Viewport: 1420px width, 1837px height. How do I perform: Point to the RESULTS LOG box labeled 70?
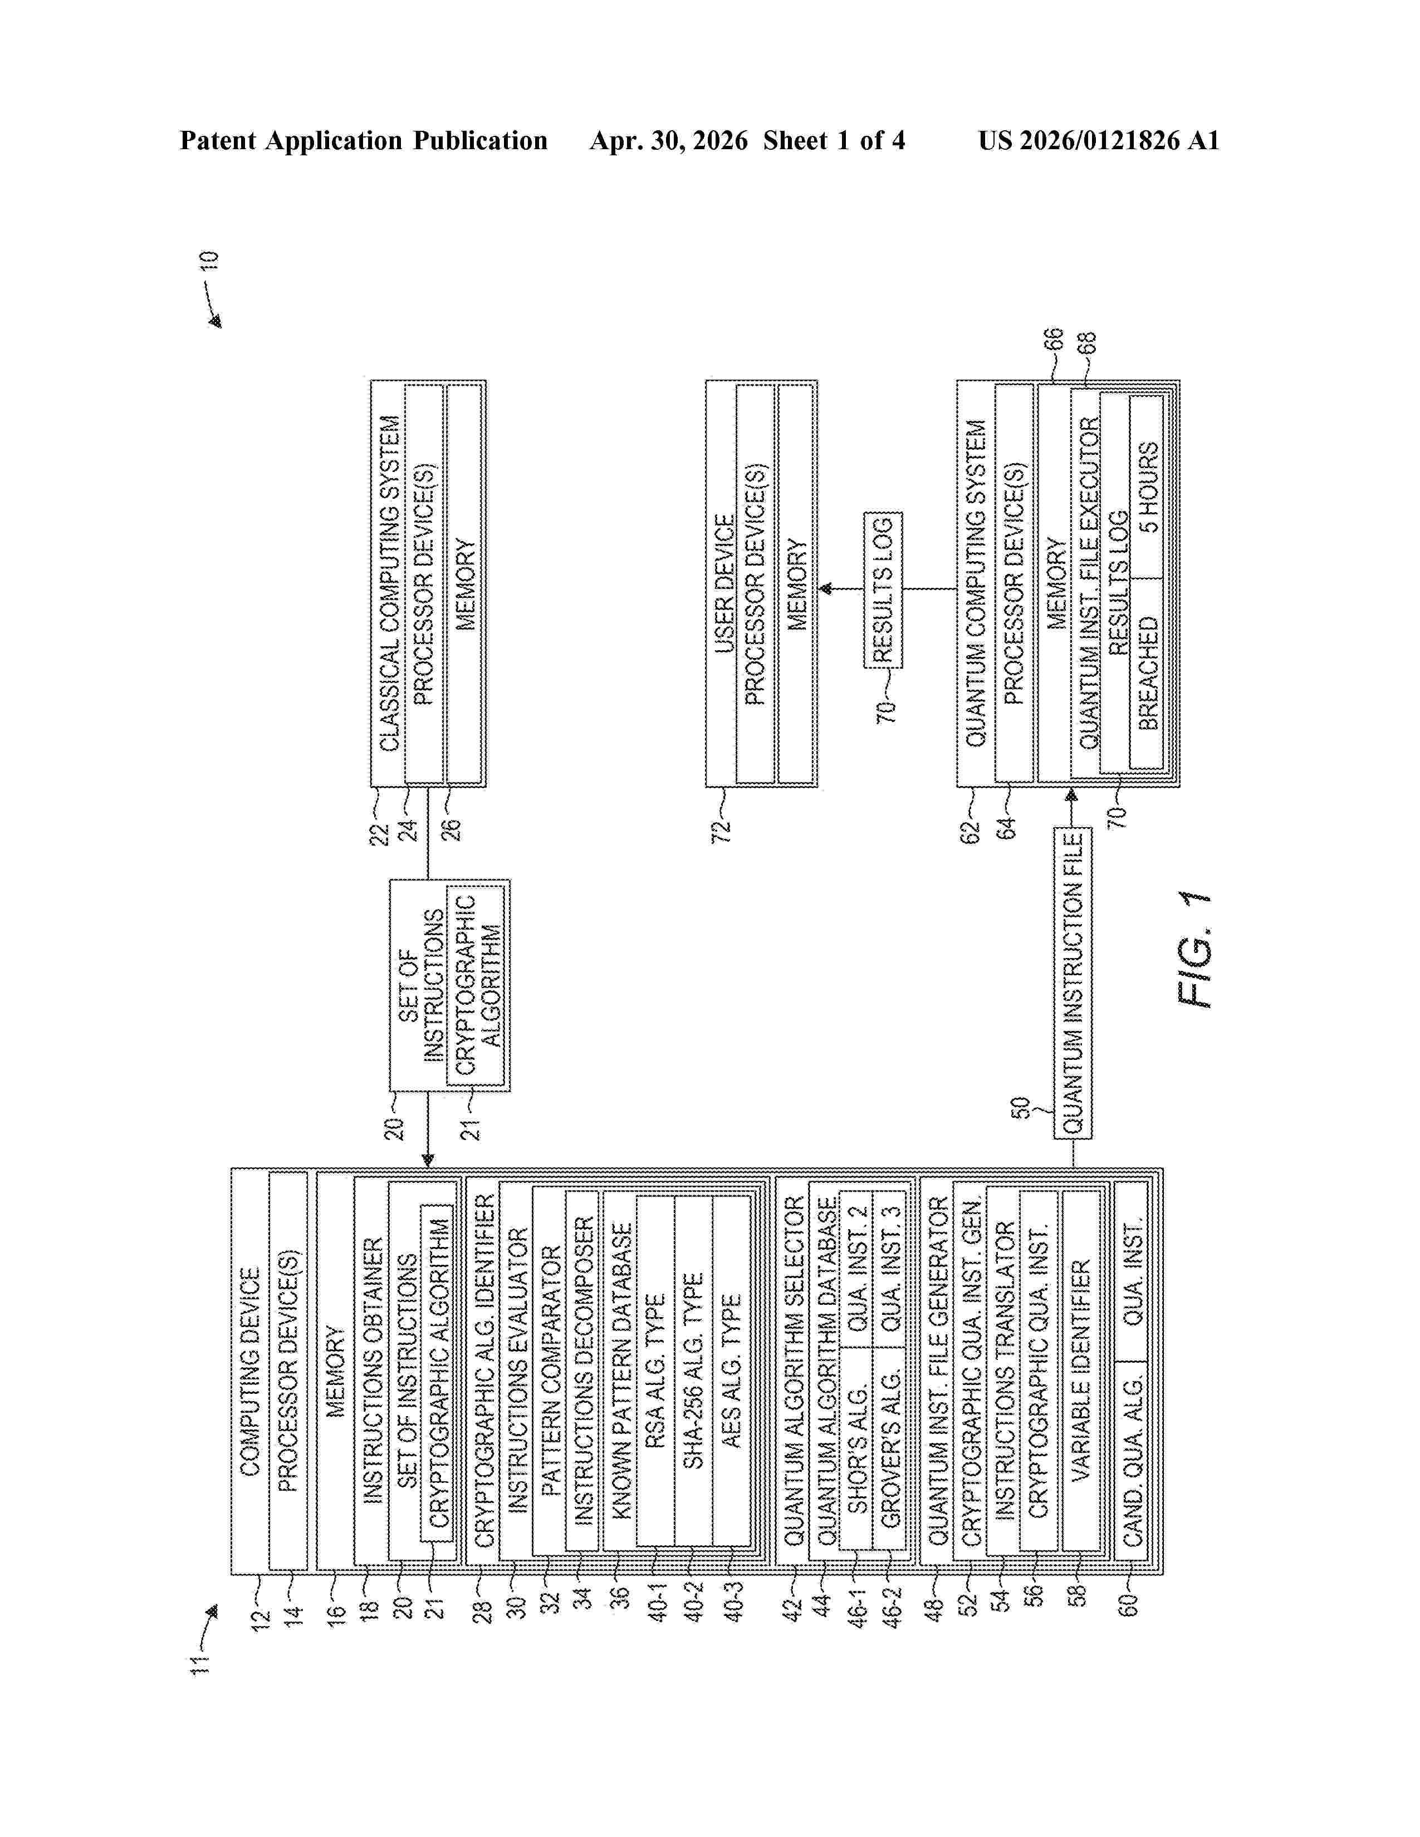pyautogui.click(x=883, y=590)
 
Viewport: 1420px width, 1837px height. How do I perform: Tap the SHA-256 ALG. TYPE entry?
pyautogui.click(x=693, y=1371)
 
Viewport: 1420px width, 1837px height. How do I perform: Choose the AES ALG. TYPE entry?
pyautogui.click(x=732, y=1371)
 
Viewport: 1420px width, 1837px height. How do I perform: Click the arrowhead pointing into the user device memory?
pyautogui.click(x=826, y=589)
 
